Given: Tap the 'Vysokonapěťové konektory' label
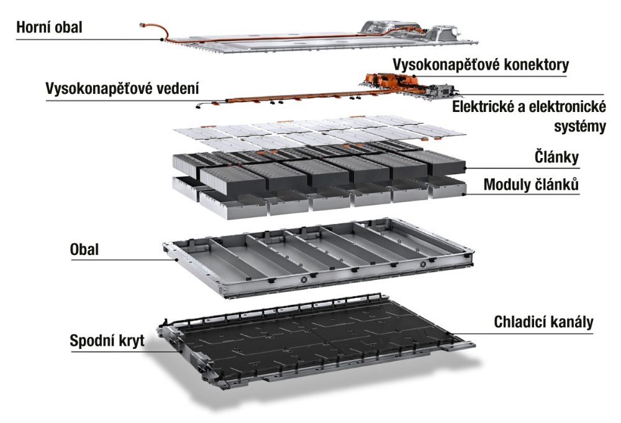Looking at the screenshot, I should pyautogui.click(x=479, y=65).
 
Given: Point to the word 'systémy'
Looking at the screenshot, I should pyautogui.click(x=579, y=126).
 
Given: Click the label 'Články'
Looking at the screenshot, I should pyautogui.click(x=556, y=157).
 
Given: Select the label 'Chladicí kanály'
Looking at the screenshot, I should pyautogui.click(x=544, y=322).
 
